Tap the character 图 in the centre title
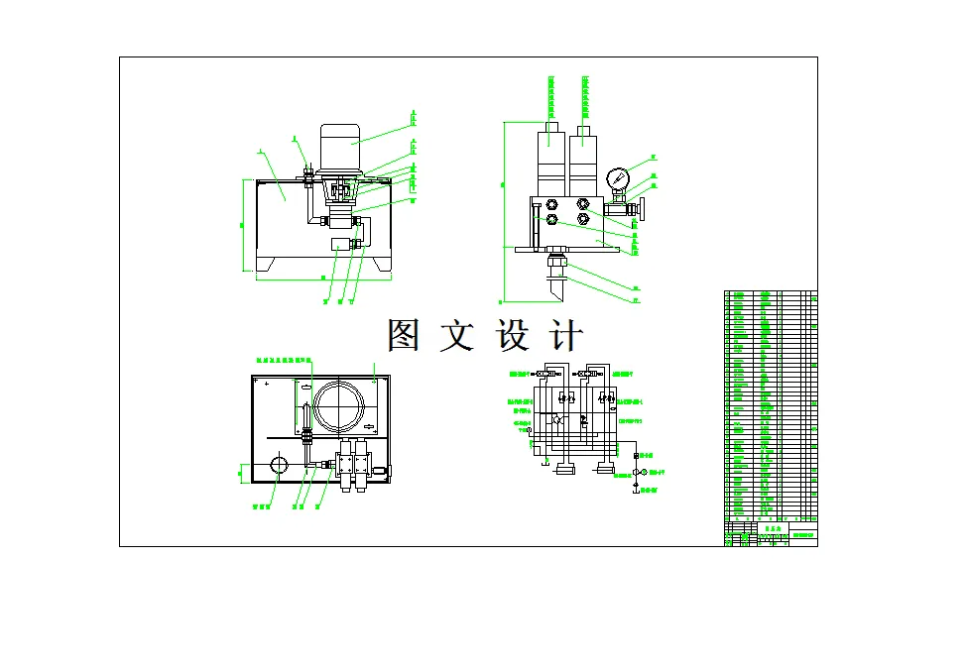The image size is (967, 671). point(404,336)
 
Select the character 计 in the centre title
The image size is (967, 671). point(566,336)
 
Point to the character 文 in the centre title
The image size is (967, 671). point(458,336)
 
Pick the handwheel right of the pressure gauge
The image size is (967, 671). point(643,210)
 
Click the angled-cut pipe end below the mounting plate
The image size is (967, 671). point(554,290)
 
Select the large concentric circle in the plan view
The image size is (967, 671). point(339,407)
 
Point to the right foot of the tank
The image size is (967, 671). point(381,266)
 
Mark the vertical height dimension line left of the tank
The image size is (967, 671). point(245,225)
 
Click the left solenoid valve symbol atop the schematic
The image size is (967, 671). point(544,374)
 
